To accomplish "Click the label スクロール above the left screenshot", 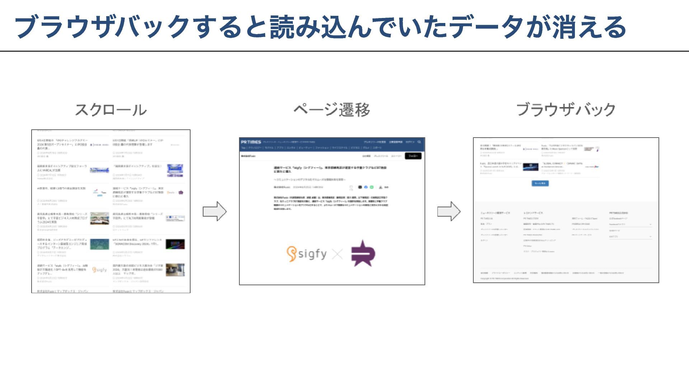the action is pyautogui.click(x=111, y=110).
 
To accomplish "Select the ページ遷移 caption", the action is pyautogui.click(x=332, y=110).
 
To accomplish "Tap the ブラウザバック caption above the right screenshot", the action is pyautogui.click(x=566, y=110).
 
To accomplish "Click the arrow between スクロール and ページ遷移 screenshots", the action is pyautogui.click(x=215, y=211).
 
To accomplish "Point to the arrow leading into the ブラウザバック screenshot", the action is pyautogui.click(x=449, y=211).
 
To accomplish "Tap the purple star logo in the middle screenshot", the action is pyautogui.click(x=363, y=253).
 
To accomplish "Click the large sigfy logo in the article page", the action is pyautogui.click(x=307, y=254).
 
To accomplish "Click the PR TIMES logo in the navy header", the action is pyautogui.click(x=251, y=142).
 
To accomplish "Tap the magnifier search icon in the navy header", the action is pyautogui.click(x=419, y=142).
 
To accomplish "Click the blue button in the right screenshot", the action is pyautogui.click(x=540, y=183).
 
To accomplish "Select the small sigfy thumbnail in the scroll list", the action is pyautogui.click(x=99, y=269).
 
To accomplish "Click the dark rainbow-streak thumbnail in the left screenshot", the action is pyautogui.click(x=175, y=244).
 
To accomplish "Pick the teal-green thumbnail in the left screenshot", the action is pyautogui.click(x=99, y=244).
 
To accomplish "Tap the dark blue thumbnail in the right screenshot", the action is pyautogui.click(x=530, y=167).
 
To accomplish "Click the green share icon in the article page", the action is pyautogui.click(x=372, y=187).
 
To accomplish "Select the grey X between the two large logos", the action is pyautogui.click(x=338, y=254).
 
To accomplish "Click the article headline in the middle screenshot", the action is pyautogui.click(x=330, y=170).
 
